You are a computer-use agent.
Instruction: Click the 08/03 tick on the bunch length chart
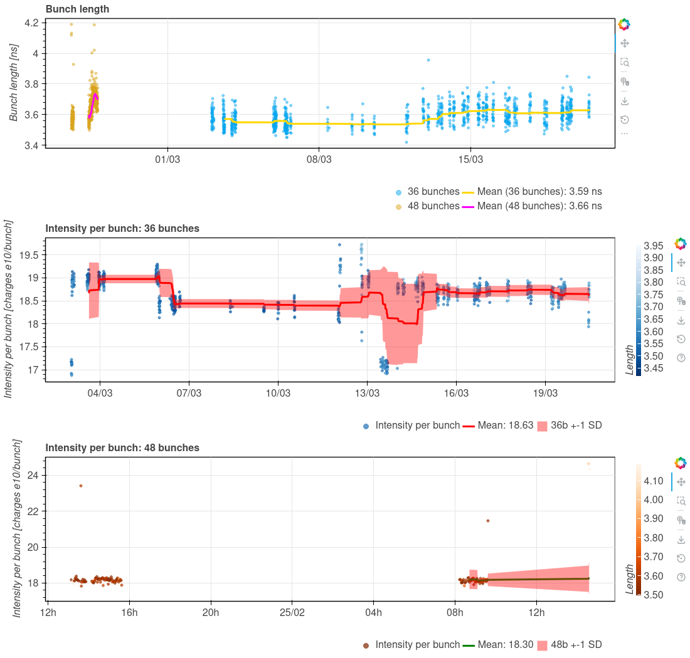(319, 160)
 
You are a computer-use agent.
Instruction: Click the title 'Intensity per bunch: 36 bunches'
(122, 229)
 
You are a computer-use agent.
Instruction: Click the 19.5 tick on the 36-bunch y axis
(29, 255)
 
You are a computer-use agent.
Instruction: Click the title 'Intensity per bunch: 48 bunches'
(122, 448)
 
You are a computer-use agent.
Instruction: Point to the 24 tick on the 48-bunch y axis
(33, 475)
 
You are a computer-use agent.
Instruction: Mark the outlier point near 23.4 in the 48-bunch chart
(81, 486)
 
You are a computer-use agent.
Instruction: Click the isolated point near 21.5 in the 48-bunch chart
(488, 521)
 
